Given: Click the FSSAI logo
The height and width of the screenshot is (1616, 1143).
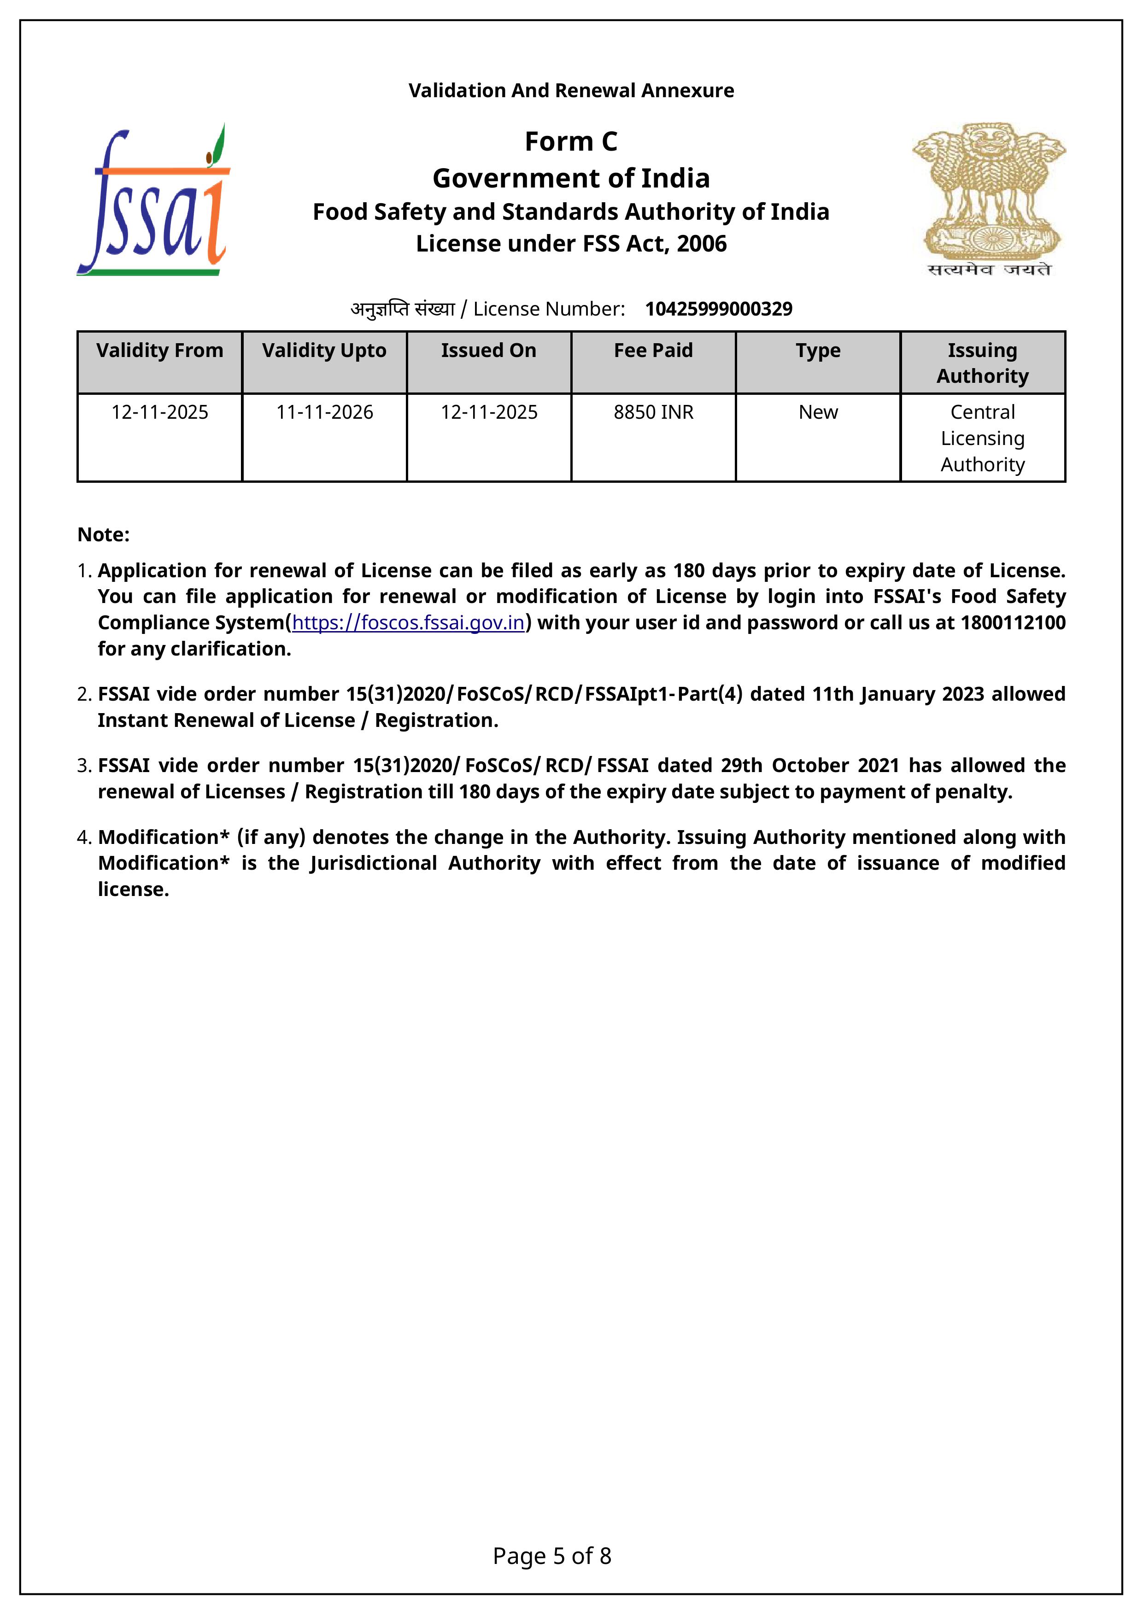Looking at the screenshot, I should point(153,200).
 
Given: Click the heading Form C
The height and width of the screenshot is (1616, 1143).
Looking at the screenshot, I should point(571,141).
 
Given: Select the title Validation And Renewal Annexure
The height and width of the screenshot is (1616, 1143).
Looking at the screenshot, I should point(571,91).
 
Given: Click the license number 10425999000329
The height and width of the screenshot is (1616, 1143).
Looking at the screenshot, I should point(719,309).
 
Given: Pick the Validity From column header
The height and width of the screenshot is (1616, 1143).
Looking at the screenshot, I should point(160,351).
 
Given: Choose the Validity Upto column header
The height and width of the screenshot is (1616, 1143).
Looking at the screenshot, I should point(324,351).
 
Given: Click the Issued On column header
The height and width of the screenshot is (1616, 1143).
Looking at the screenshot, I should point(488,351).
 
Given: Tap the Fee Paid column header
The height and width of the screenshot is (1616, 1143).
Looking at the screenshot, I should point(653,351).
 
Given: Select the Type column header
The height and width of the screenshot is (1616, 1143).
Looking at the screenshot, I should point(818,351).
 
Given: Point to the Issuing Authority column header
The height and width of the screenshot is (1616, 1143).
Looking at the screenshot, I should point(983,363).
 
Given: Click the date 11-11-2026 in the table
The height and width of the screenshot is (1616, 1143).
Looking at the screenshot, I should point(324,412).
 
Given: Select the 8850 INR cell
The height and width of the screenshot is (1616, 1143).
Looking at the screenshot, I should point(653,412).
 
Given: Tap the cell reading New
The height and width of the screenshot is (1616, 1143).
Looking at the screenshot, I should point(818,412).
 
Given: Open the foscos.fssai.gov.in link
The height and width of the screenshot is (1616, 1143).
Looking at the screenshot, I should point(408,623).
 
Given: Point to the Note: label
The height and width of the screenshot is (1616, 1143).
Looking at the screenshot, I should point(104,535).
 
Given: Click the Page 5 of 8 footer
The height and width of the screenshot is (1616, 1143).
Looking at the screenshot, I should point(552,1556).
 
